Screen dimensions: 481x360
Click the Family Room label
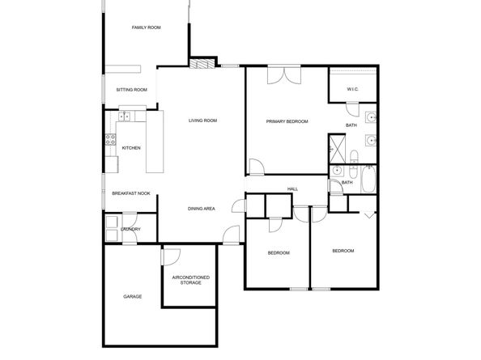147,28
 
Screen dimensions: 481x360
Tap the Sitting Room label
132,90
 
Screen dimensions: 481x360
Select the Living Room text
202,121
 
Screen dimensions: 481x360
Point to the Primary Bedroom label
287,121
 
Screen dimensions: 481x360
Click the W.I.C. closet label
353,89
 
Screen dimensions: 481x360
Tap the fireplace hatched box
202,63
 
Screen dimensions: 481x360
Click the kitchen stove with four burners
110,139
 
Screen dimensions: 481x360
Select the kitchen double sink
124,116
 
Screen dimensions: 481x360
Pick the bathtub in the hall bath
368,180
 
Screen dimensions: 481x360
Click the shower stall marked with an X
337,149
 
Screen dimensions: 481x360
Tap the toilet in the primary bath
354,157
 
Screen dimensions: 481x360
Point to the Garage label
133,297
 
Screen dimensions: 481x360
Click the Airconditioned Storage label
191,280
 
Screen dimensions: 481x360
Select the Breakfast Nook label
131,193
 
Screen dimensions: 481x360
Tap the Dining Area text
202,209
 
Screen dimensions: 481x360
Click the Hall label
292,189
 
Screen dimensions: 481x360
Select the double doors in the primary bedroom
284,74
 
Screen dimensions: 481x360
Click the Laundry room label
131,229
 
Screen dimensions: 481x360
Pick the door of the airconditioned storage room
170,256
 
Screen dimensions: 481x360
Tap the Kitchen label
131,148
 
